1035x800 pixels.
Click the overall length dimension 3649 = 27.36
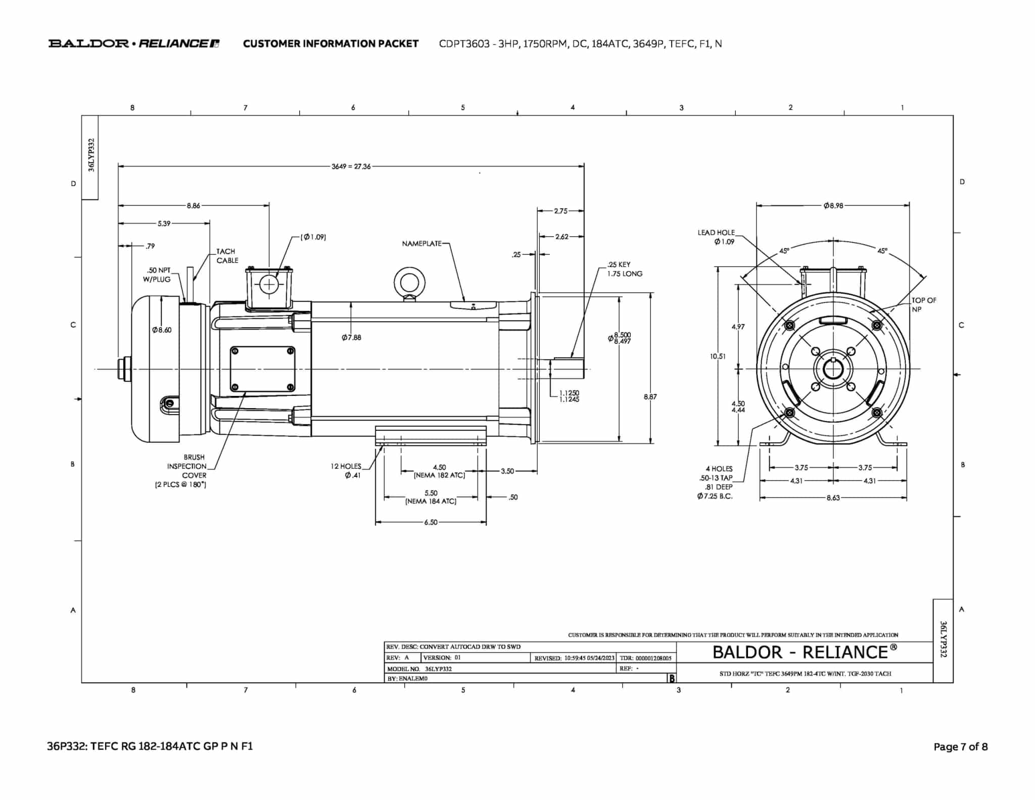click(351, 166)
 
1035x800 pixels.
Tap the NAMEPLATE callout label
click(421, 244)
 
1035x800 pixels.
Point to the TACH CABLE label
click(227, 256)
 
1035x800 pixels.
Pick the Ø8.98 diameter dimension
click(833, 206)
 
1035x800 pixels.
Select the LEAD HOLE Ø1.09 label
click(716, 237)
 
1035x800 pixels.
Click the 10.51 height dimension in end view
click(718, 357)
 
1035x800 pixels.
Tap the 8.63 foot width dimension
click(833, 498)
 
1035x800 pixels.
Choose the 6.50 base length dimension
click(431, 522)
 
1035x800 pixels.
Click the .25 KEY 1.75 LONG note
click(625, 269)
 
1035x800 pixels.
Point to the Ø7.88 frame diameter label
click(351, 337)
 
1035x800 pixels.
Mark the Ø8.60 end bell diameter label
click(162, 330)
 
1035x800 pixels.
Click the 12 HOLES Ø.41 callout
click(346, 471)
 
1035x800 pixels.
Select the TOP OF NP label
click(923, 305)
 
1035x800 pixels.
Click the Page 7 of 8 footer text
click(960, 747)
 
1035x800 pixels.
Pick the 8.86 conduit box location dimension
click(194, 206)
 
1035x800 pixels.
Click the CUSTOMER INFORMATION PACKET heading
click(331, 44)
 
